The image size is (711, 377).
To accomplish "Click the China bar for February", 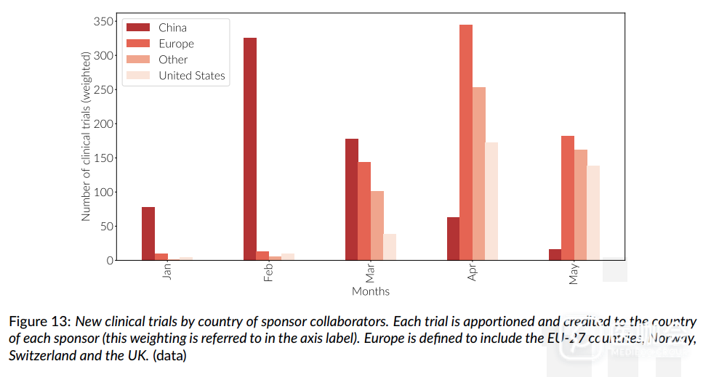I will point(250,149).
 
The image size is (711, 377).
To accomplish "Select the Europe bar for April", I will point(466,142).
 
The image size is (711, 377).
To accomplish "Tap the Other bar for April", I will point(479,174).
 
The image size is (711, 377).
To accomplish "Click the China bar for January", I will point(148,233).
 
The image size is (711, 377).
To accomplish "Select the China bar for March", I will point(352,199).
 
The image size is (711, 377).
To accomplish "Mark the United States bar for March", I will point(390,247).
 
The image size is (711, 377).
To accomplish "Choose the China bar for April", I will point(453,238).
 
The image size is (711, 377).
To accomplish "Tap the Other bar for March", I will point(377,225).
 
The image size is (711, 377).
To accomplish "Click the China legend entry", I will point(172,28).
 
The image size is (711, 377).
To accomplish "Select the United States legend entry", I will point(192,76).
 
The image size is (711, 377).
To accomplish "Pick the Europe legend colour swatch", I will point(138,44).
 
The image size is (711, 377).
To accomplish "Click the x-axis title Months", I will point(371,291).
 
